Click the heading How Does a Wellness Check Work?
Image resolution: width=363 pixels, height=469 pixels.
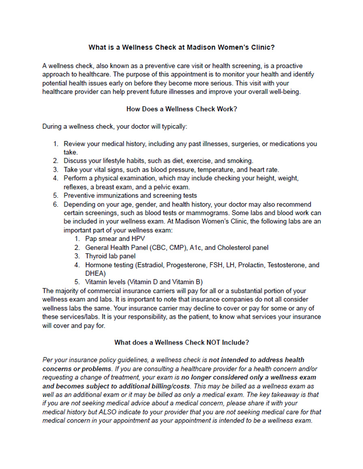(181, 109)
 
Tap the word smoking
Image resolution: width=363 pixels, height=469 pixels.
(240, 161)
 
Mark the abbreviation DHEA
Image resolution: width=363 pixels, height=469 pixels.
(95, 273)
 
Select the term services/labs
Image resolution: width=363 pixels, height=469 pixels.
(78, 317)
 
